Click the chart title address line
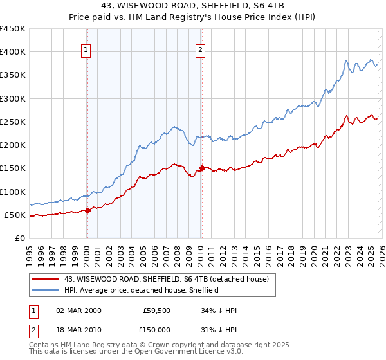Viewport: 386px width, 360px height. (193, 6)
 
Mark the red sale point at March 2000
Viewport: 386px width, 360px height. (88, 210)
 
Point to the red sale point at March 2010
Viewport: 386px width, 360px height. (202, 168)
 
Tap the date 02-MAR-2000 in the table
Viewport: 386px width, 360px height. (78, 310)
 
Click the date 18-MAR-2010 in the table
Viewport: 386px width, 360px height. (78, 330)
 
